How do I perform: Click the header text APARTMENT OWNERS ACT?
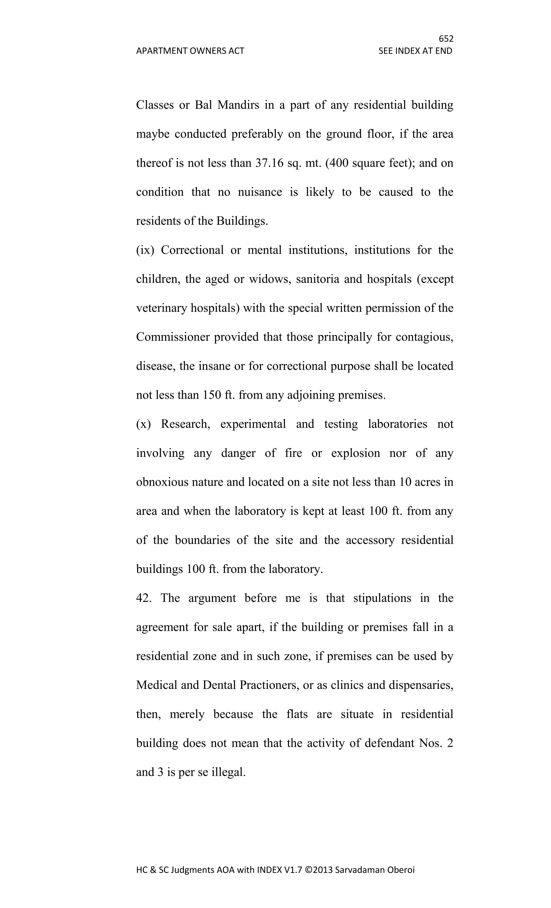click(x=190, y=51)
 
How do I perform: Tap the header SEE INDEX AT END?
click(x=415, y=51)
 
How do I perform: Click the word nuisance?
click(x=260, y=192)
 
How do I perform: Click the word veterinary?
click(x=162, y=308)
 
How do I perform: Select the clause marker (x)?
click(x=143, y=424)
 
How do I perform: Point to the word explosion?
click(x=355, y=453)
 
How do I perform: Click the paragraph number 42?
click(x=144, y=598)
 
